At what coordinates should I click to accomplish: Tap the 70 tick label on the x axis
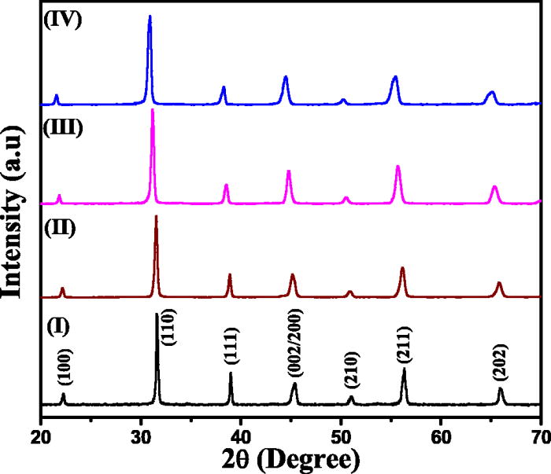[539, 431]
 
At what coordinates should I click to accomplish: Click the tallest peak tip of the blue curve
[150, 16]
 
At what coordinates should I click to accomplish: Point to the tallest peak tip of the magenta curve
[152, 109]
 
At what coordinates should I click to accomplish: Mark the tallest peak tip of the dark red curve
[156, 215]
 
